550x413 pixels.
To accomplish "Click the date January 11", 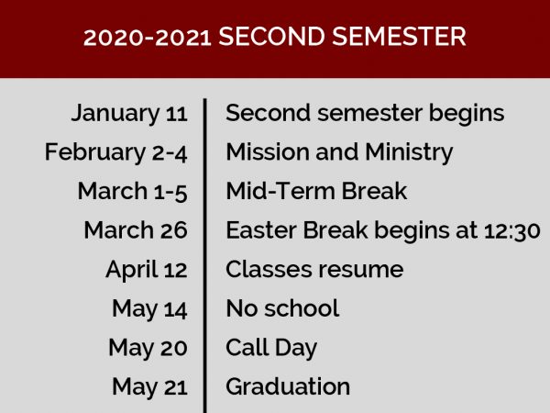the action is tap(129, 114).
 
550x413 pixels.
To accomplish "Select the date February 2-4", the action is tap(115, 152).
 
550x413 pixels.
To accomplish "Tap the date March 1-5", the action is tap(133, 192).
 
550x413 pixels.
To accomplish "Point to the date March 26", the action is tap(136, 230).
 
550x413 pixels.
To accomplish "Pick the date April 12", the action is tap(147, 270).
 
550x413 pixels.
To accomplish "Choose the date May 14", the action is tap(149, 309).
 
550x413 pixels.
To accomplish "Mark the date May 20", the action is tap(148, 348).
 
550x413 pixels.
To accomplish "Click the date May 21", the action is tap(149, 387).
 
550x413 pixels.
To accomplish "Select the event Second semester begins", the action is tap(365, 114).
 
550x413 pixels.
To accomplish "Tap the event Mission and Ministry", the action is tap(339, 152).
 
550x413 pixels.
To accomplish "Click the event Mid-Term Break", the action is tap(316, 191).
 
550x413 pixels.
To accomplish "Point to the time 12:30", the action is tap(511, 230).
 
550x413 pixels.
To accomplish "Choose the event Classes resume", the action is tap(314, 269).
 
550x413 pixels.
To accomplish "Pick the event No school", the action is tap(282, 308).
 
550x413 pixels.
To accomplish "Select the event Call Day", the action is tap(271, 348).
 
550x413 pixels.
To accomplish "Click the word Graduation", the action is tap(288, 386).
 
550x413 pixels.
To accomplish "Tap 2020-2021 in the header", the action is tap(148, 38).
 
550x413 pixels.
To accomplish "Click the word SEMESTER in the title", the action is tap(399, 37).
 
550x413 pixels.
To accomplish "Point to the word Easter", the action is tap(261, 230).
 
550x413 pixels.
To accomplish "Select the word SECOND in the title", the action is tap(272, 37).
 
